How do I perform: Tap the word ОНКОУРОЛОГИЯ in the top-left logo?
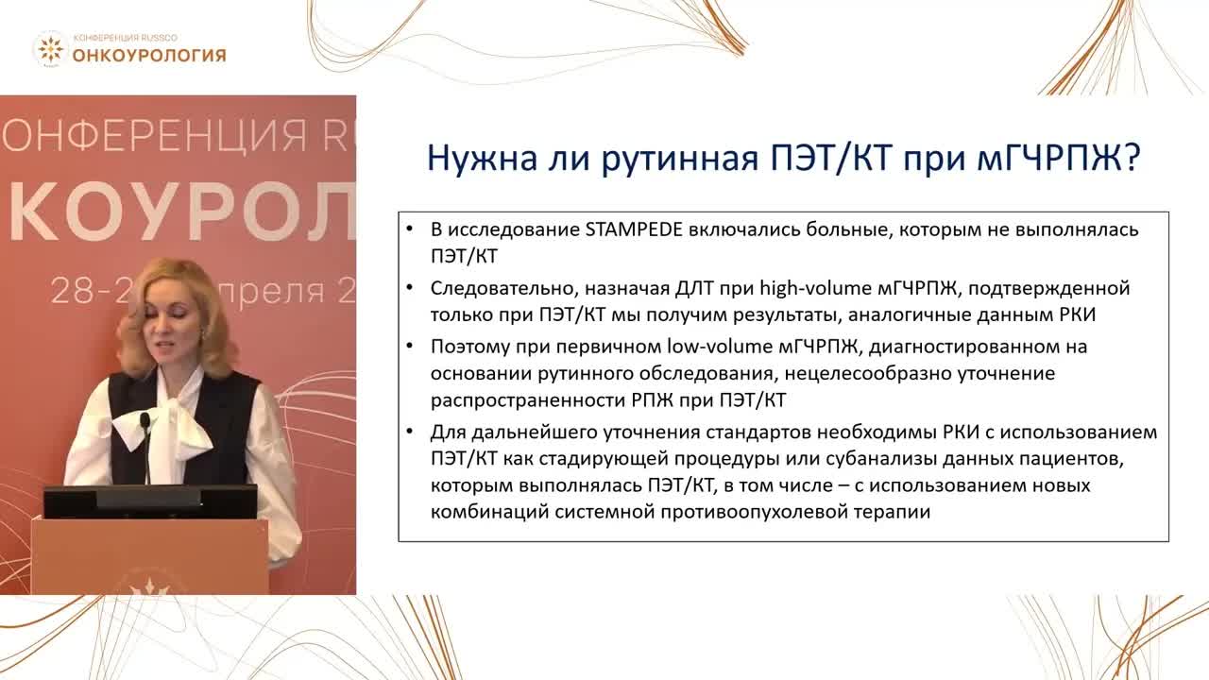click(x=149, y=55)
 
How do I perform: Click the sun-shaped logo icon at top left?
click(x=50, y=49)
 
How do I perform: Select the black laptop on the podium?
click(x=151, y=501)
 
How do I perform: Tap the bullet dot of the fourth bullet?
click(x=409, y=433)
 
